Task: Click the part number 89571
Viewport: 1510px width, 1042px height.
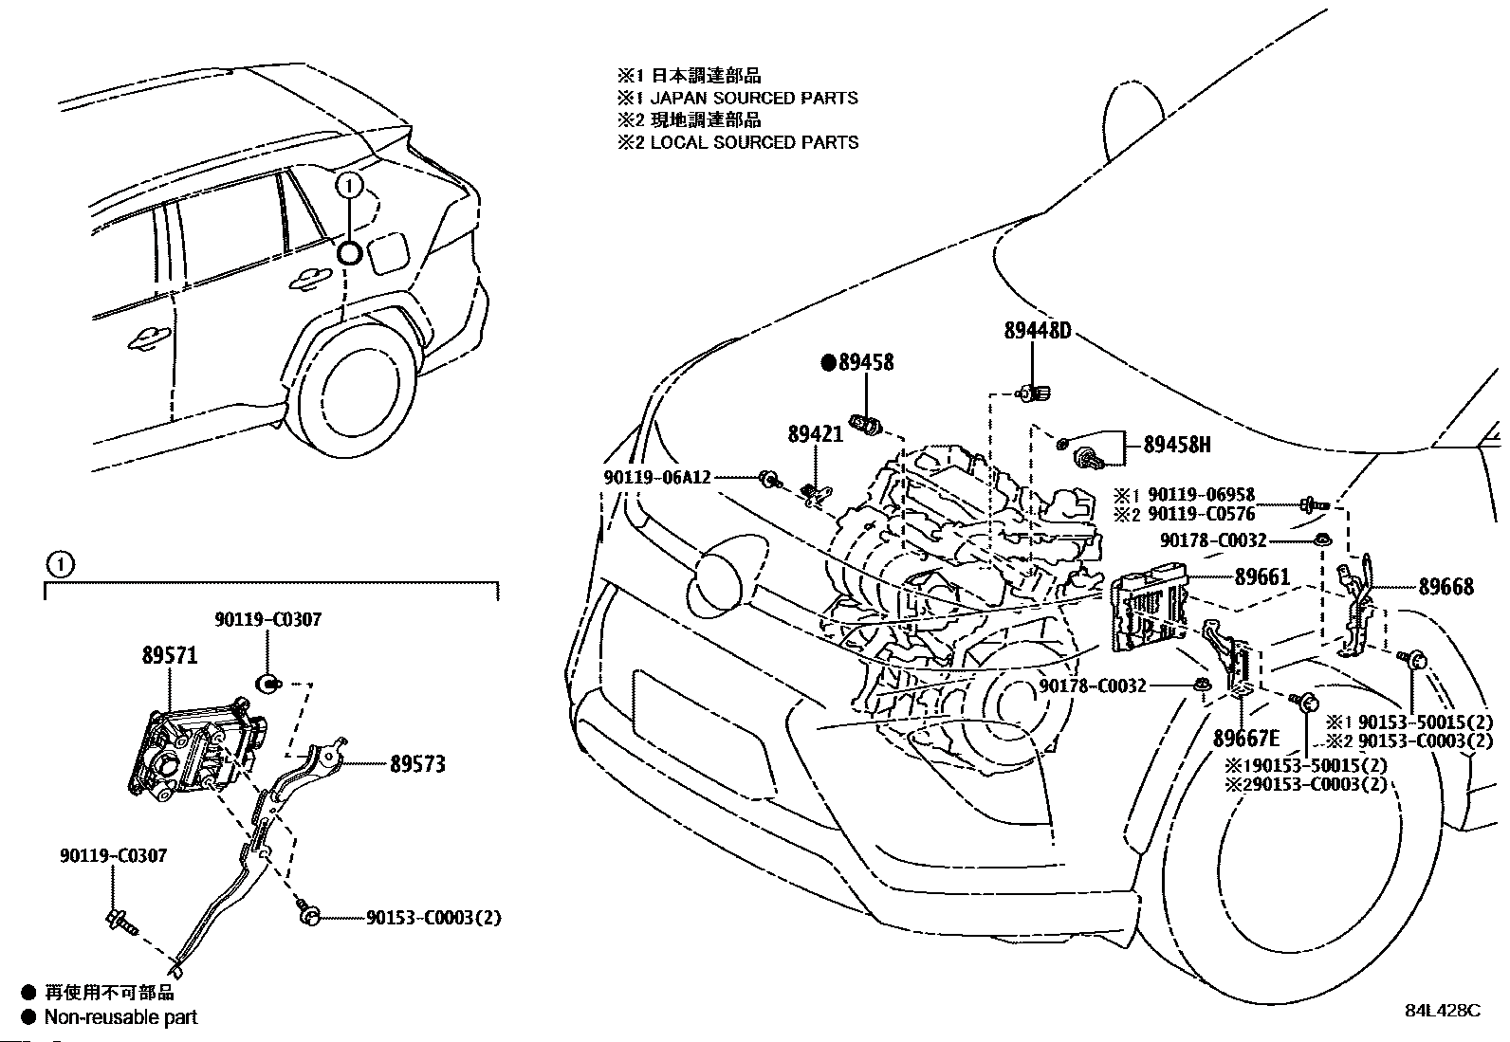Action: (x=170, y=655)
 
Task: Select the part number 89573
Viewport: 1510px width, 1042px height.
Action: (x=416, y=763)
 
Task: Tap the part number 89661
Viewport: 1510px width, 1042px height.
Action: (x=1261, y=577)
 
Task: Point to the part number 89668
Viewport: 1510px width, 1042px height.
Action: (x=1446, y=587)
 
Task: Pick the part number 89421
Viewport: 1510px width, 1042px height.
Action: (x=815, y=434)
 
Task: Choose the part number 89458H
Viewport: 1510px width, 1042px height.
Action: (x=1176, y=445)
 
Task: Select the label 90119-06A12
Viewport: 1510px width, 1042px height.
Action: (x=657, y=478)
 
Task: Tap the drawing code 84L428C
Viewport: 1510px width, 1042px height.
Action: (x=1442, y=1011)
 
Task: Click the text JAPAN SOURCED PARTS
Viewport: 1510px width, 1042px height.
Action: (x=753, y=98)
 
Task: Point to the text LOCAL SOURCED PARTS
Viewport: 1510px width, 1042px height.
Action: (x=753, y=142)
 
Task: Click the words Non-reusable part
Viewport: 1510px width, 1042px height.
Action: (x=121, y=1016)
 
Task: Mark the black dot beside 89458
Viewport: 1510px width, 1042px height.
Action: (x=828, y=362)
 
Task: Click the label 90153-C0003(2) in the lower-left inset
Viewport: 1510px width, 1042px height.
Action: (x=433, y=917)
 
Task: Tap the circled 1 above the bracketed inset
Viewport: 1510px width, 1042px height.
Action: (x=59, y=565)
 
